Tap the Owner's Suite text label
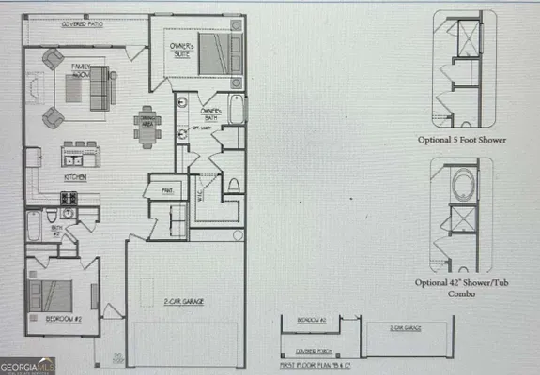(180, 50)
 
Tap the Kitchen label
(76, 176)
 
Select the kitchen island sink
(80, 145)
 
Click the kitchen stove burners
(69, 199)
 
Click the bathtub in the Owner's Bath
(235, 117)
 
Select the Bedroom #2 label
(62, 319)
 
